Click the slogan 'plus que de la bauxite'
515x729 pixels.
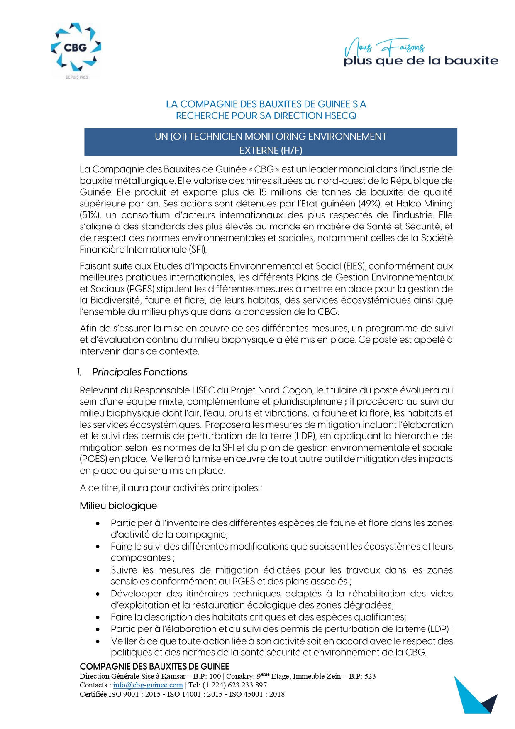421,61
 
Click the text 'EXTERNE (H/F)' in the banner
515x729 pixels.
271,150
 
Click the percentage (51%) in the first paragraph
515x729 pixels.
90,215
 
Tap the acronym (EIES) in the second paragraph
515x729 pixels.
355,266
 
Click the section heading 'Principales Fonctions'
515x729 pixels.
139,372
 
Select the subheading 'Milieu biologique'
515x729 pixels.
118,506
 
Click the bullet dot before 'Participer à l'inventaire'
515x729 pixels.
98,523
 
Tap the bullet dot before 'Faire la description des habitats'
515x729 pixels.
98,618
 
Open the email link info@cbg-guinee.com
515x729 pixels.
148,685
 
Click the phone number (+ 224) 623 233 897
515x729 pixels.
234,685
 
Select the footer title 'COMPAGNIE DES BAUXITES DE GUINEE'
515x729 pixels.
154,667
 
